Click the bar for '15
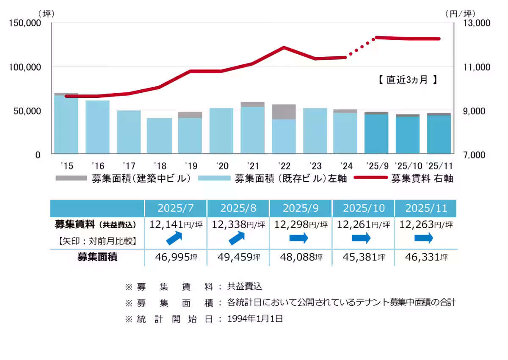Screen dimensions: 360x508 66,125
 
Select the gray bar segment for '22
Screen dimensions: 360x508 284,112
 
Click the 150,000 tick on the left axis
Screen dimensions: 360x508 25,23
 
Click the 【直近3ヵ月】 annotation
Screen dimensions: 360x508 407,80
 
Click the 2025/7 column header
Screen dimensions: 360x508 176,208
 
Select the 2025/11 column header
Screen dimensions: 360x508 425,208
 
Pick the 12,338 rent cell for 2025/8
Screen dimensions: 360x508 238,224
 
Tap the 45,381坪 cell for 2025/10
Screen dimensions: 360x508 363,257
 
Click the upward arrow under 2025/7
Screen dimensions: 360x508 175,238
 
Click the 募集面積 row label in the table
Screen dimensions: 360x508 97,257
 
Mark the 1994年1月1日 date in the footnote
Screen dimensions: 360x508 255,319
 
